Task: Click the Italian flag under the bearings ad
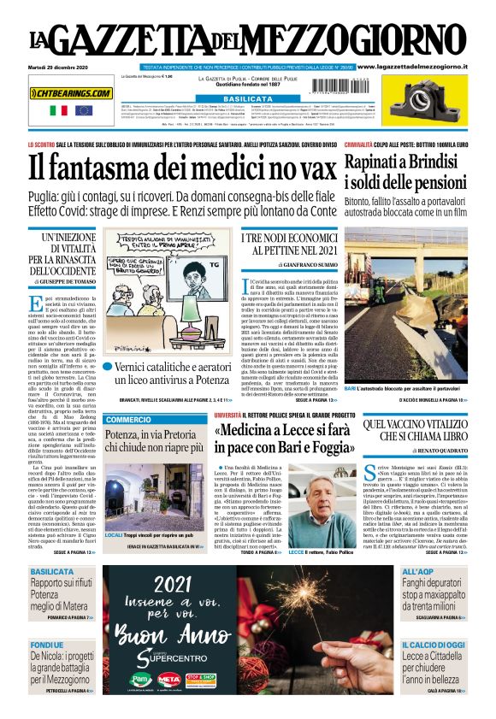pyautogui.click(x=59, y=110)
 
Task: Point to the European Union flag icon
pyautogui.click(x=84, y=110)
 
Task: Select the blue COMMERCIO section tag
pyautogui.click(x=129, y=420)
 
